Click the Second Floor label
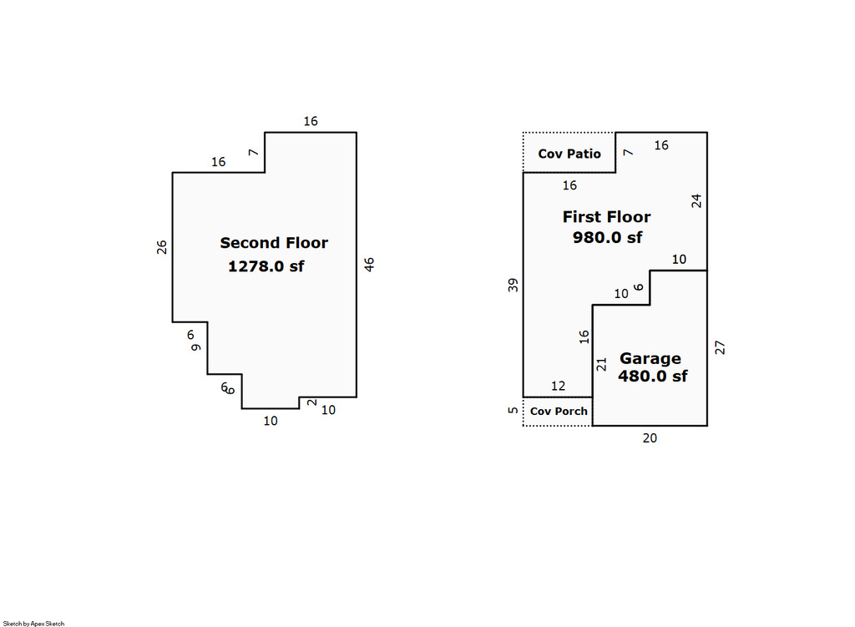[x=274, y=243]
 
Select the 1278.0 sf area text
[x=266, y=266]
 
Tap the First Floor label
[x=606, y=217]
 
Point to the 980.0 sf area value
[x=607, y=237]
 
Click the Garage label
[x=650, y=359]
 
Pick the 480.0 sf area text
[x=652, y=377]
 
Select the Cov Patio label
[x=569, y=154]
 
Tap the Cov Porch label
[x=559, y=411]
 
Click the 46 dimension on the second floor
[x=369, y=265]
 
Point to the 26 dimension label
[x=162, y=247]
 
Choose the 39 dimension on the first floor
[x=514, y=286]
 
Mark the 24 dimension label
[x=696, y=201]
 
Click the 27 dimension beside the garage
[x=720, y=347]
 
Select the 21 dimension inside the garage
[x=601, y=364]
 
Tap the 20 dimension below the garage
[x=650, y=437]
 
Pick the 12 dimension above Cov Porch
[x=558, y=386]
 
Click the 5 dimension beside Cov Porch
[x=514, y=410]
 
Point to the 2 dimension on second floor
[x=312, y=402]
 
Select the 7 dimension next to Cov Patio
[x=628, y=153]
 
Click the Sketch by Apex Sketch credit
[x=33, y=623]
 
